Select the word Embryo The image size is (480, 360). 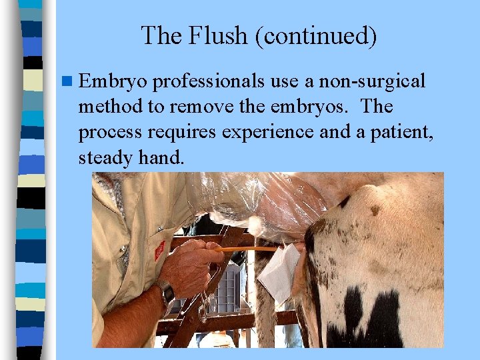112,82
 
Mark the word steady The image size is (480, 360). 106,157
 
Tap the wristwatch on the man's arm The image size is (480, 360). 166,293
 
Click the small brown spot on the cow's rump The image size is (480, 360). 375,211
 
